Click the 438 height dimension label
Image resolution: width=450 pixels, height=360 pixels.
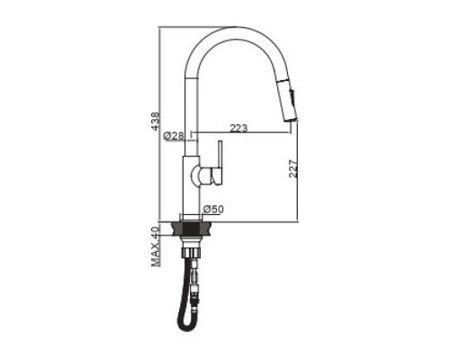[x=155, y=121]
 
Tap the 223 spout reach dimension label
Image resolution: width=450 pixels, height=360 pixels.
[x=238, y=128]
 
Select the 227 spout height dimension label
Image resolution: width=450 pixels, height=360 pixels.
[x=293, y=169]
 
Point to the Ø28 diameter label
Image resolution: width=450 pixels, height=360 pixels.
[x=174, y=136]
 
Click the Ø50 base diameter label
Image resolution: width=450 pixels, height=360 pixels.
[x=213, y=210]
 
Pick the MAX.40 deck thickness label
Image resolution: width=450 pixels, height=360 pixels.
[x=156, y=247]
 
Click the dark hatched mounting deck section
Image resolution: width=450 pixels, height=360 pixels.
[x=191, y=229]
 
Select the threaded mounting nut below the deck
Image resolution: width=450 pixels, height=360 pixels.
[x=190, y=252]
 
